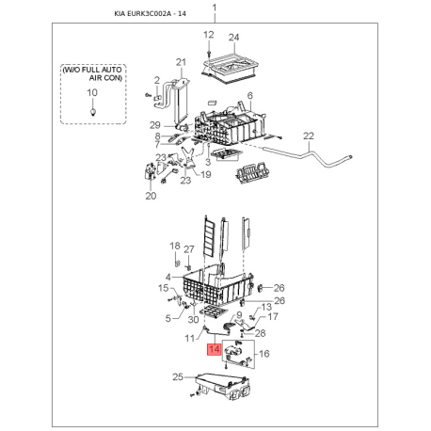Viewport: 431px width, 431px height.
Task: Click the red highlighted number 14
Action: point(215,350)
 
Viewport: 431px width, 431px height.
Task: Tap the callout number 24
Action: point(233,38)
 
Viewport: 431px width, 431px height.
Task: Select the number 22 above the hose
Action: point(309,136)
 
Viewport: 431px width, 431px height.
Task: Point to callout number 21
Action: point(181,62)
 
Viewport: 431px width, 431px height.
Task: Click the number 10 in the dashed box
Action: point(92,92)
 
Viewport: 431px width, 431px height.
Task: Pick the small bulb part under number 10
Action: point(92,112)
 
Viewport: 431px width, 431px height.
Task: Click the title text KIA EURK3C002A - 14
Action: point(150,14)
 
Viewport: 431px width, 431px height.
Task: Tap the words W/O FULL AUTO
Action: point(92,70)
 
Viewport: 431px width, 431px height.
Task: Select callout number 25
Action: point(178,376)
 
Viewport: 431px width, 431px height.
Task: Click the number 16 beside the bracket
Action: point(264,354)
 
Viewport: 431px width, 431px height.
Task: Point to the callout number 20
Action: point(151,196)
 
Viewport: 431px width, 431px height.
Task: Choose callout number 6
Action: point(250,96)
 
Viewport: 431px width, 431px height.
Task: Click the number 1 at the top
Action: point(215,8)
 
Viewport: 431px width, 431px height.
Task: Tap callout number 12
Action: point(209,35)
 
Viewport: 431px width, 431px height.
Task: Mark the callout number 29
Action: point(155,125)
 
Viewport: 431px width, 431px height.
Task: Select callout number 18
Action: point(175,246)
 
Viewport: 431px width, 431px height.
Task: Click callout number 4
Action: point(168,278)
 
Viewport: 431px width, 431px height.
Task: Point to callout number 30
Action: point(193,319)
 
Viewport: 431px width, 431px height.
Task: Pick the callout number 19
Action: point(206,174)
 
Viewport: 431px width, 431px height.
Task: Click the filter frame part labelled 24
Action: point(231,69)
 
